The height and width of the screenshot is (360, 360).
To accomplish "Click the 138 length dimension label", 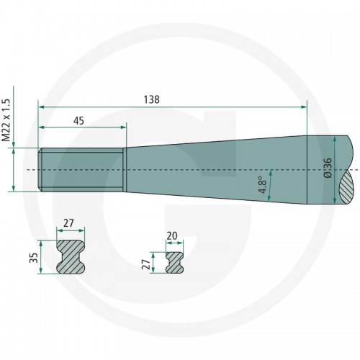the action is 151,99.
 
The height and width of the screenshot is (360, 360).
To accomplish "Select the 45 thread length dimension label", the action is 78,121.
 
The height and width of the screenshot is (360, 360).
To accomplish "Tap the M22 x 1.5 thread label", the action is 6,120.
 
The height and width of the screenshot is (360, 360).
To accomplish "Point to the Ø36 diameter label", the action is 328,168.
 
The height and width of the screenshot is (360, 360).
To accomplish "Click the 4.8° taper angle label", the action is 261,184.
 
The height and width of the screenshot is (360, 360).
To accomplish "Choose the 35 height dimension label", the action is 34,258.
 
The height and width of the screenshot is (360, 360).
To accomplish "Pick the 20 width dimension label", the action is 172,235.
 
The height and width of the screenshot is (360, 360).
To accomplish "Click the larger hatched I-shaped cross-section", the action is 71,256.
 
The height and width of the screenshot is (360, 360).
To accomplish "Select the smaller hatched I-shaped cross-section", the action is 174,262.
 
